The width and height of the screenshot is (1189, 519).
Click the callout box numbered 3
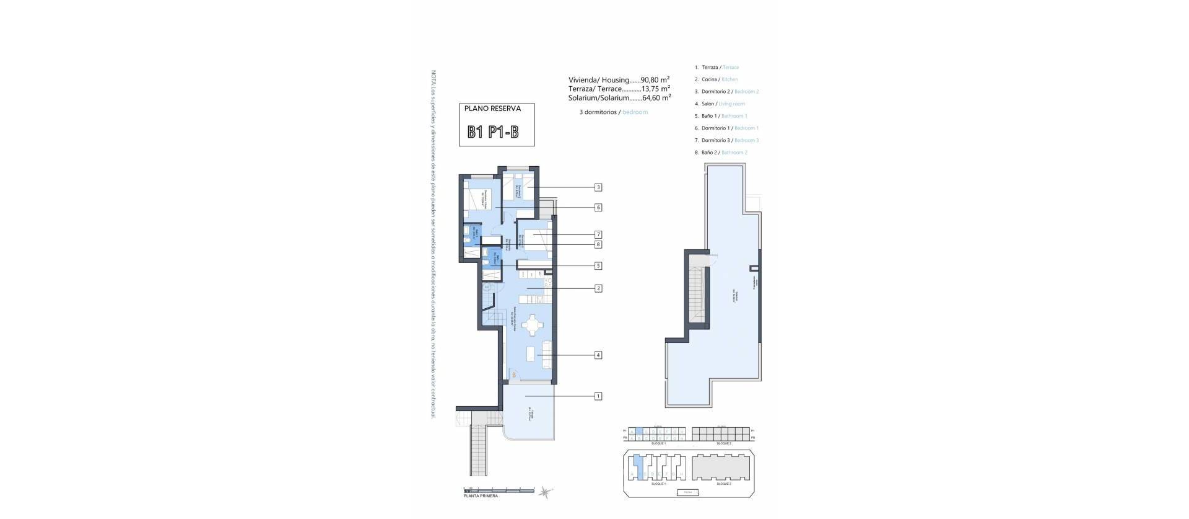[x=598, y=187]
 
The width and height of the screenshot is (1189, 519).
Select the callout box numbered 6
[x=598, y=208]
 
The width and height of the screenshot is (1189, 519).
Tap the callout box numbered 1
[x=598, y=396]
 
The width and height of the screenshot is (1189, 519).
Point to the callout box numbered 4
[x=598, y=355]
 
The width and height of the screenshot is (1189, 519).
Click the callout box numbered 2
[x=598, y=288]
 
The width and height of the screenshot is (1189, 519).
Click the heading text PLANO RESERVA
[x=493, y=109]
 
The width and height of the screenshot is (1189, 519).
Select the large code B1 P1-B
[x=493, y=132]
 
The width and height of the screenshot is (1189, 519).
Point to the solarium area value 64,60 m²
[x=655, y=98]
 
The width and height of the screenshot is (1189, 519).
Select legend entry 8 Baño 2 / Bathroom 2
[x=723, y=153]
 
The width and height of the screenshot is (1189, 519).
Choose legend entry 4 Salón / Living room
[x=722, y=104]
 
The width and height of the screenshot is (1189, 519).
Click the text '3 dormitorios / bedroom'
[x=609, y=112]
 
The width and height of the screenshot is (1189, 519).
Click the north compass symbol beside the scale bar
[x=545, y=492]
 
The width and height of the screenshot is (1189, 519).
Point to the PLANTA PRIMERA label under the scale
[x=481, y=496]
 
